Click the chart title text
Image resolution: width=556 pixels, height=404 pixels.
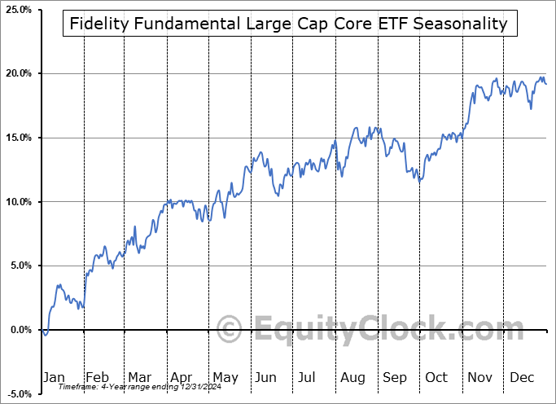(289, 24)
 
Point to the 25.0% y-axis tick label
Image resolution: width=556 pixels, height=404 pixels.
(17, 9)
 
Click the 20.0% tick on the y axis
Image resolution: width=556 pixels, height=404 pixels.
(17, 73)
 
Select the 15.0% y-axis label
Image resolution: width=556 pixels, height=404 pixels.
(17, 138)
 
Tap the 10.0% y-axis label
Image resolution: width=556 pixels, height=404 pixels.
(17, 202)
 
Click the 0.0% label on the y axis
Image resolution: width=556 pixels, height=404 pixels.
(19, 330)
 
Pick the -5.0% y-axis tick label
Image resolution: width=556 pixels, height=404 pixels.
(17, 394)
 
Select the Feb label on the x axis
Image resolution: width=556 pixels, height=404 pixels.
(98, 377)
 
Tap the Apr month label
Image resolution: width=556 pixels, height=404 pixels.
(182, 377)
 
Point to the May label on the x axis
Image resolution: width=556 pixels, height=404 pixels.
(225, 377)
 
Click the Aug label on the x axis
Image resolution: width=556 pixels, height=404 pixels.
(352, 377)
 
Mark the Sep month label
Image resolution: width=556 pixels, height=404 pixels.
(395, 377)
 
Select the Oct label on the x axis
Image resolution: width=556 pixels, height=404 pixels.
(437, 377)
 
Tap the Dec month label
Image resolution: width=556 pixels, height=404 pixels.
(522, 377)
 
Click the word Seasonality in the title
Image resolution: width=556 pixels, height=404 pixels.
(461, 24)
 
